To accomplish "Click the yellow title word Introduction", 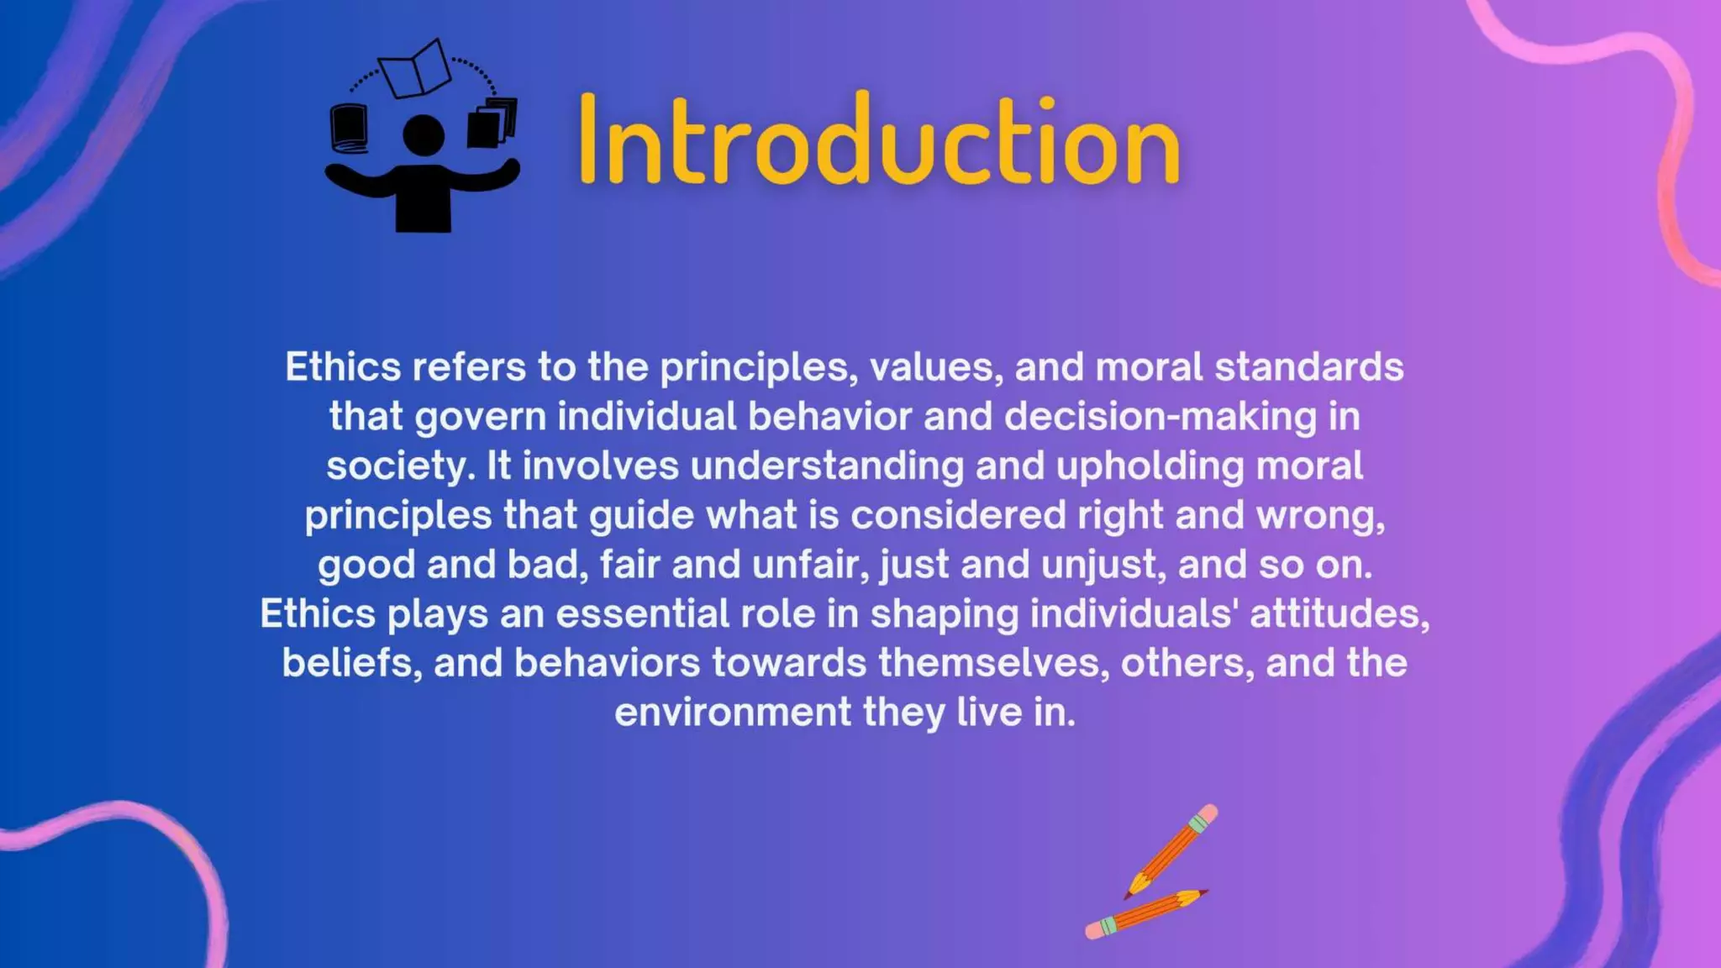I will pyautogui.click(x=879, y=139).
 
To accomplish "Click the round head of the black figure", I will pyautogui.click(x=424, y=134).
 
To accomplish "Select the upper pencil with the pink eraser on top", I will pyautogui.click(x=1171, y=850).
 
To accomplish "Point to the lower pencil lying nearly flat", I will pyautogui.click(x=1146, y=913).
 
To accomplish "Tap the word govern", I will pyautogui.click(x=480, y=417).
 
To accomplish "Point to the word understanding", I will pyautogui.click(x=827, y=466).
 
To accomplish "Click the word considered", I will pyautogui.click(x=958, y=515).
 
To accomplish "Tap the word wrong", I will pyautogui.click(x=1320, y=515).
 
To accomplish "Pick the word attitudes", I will pyautogui.click(x=1339, y=614).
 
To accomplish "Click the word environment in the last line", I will pyautogui.click(x=733, y=713).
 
